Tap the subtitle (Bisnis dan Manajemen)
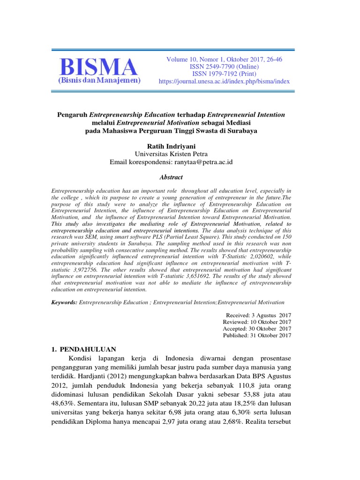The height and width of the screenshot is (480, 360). (99, 81)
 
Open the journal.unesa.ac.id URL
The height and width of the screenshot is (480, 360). (225, 81)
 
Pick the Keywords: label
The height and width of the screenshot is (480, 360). (64, 303)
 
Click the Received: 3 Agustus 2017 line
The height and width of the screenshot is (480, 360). (258, 315)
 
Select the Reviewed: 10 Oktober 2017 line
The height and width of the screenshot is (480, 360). (257, 322)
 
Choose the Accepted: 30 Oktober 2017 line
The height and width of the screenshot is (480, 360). (257, 328)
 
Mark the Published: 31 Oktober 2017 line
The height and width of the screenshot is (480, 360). (257, 335)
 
